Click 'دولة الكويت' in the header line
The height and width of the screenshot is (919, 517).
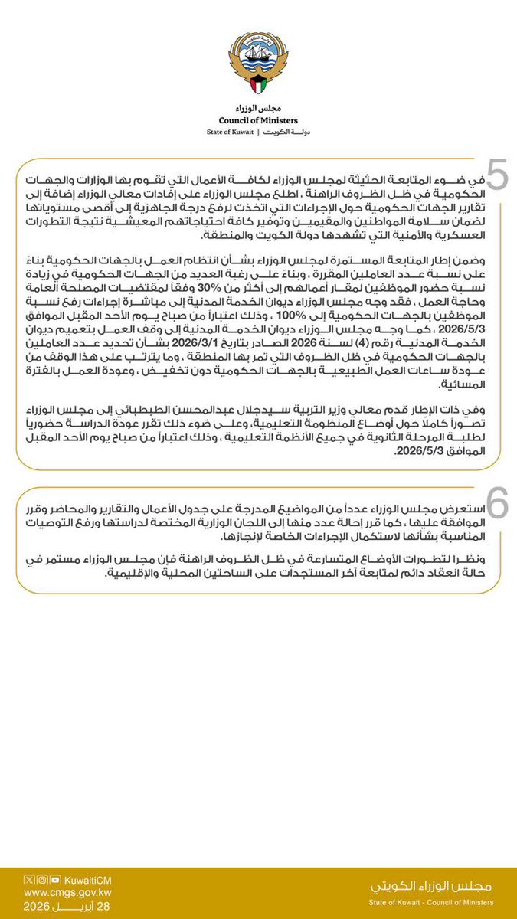click(288, 132)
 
